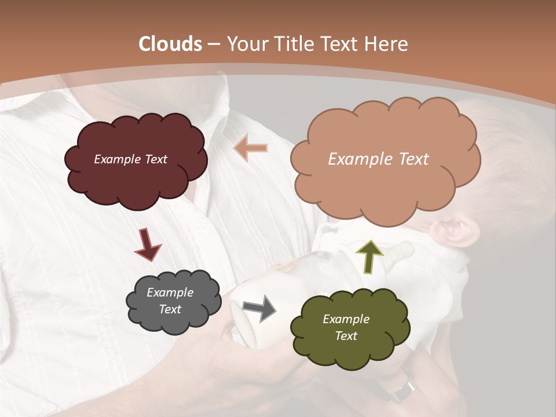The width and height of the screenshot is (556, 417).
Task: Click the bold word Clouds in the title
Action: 170,44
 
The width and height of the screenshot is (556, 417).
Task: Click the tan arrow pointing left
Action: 250,148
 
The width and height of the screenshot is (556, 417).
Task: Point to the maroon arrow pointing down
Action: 147,244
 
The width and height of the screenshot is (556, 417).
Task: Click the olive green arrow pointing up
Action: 370,257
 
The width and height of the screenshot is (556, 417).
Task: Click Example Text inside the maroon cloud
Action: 130,159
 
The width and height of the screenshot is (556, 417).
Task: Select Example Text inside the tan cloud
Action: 378,159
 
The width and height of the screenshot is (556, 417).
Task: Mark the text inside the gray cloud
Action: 170,301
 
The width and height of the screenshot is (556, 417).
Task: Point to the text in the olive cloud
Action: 346,328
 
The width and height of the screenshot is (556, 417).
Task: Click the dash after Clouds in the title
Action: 213,45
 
